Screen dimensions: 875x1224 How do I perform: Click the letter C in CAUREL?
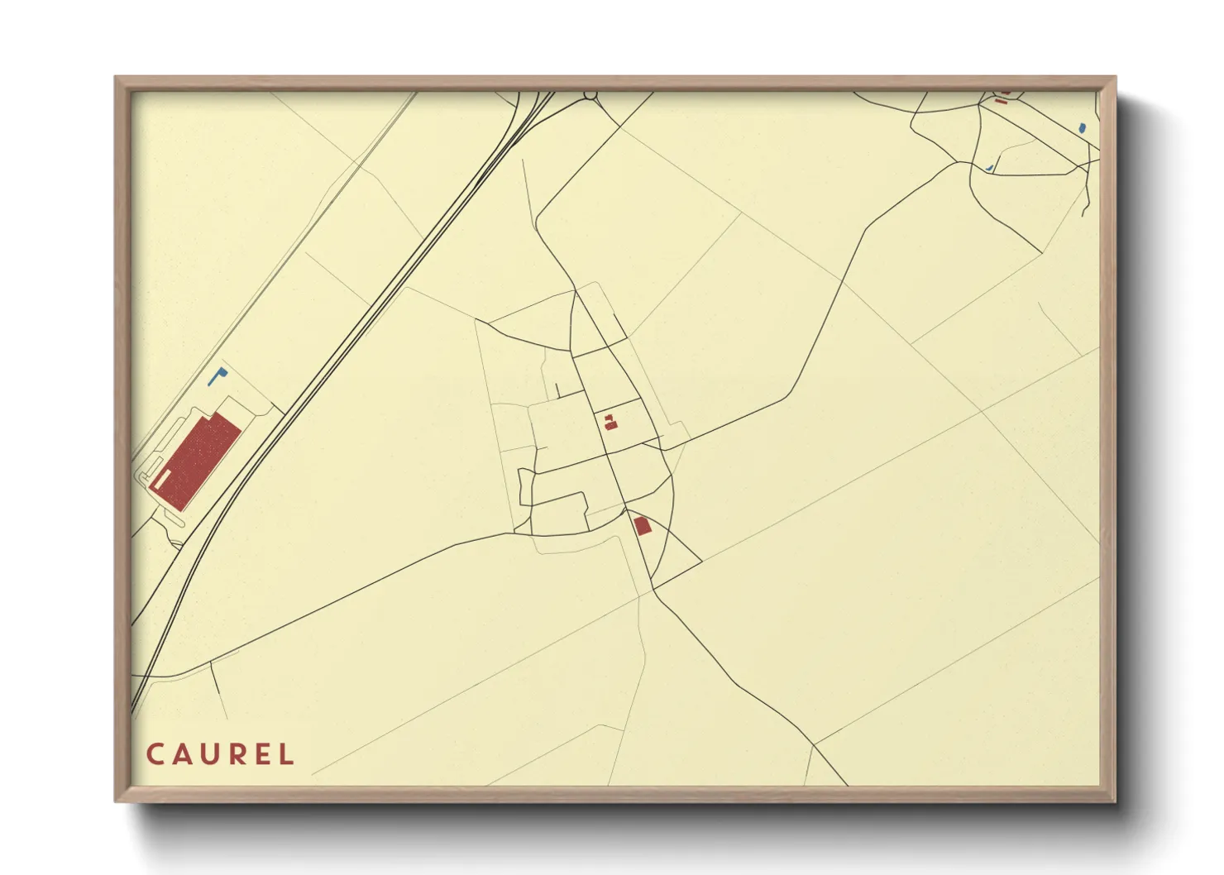155,754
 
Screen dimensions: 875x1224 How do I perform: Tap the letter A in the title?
183,754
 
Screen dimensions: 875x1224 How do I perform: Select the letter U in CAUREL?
212,754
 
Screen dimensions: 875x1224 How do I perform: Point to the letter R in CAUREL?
239,754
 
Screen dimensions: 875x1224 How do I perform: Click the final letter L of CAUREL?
287,754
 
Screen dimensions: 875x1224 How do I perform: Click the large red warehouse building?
203,459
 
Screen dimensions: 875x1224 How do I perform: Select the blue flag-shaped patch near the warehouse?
218,376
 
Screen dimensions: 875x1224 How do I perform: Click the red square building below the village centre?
643,525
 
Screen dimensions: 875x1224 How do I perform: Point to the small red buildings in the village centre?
610,423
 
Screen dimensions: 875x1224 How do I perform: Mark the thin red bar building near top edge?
1001,101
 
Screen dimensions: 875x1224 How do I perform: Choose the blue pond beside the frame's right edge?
1082,128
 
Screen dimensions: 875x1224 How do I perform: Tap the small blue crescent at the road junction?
989,169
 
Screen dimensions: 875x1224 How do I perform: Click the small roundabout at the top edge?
590,95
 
